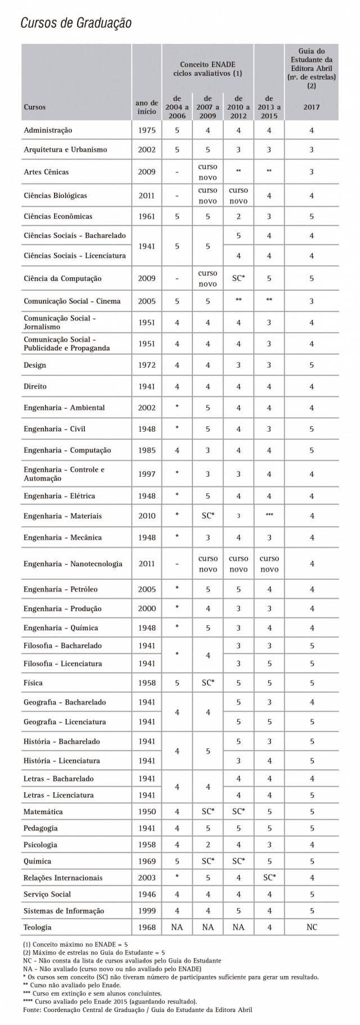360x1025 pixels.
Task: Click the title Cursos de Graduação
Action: [76, 23]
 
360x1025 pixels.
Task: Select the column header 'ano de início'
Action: [147, 107]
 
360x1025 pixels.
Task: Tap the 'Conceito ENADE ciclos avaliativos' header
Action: [207, 69]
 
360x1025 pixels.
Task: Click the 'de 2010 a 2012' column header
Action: [238, 107]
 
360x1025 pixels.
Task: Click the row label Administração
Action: [48, 130]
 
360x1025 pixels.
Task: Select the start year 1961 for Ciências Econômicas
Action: [147, 216]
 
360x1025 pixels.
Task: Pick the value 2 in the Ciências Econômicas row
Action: [238, 216]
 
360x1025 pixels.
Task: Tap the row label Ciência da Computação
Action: [62, 278]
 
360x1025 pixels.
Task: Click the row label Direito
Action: [35, 386]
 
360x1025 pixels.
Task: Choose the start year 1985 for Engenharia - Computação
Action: [147, 450]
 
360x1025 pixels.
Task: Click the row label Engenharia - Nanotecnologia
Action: [73, 564]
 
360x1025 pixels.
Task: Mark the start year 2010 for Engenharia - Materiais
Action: [147, 516]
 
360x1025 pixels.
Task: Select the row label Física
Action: [33, 683]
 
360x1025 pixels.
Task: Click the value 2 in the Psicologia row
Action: [208, 845]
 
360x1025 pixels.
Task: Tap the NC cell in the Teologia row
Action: [311, 927]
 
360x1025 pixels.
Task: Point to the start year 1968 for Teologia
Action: [147, 927]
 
